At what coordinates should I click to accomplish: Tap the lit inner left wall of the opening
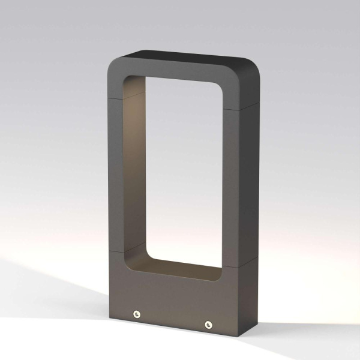pyautogui.click(x=137, y=174)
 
